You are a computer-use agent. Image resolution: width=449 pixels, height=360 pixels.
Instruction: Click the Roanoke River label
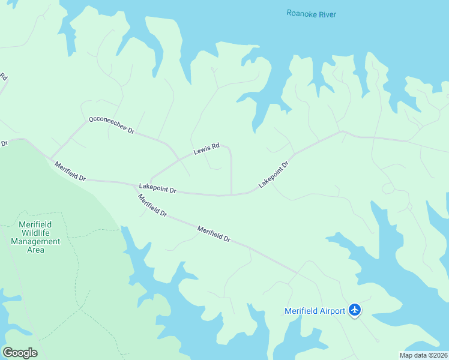tap(311, 14)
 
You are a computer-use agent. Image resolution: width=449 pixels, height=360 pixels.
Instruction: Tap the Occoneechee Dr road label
tap(111, 125)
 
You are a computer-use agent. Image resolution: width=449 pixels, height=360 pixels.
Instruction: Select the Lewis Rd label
tap(206, 149)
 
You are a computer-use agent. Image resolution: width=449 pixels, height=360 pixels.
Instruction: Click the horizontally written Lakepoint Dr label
tap(157, 189)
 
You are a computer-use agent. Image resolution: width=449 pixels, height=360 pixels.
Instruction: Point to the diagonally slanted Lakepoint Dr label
tap(274, 174)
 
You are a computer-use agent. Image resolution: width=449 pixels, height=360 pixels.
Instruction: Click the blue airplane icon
tap(355, 310)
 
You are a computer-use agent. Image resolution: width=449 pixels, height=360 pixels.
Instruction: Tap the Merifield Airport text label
tap(314, 310)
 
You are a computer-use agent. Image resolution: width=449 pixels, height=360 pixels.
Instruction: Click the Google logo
tap(20, 352)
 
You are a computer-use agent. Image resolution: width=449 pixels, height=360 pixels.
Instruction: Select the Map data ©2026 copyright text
tap(423, 355)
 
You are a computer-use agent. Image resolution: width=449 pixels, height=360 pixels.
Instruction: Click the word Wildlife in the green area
tap(35, 233)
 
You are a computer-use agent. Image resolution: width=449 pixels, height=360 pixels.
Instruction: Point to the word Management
tap(35, 241)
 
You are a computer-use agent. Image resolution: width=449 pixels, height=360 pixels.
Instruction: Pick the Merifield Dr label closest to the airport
tap(214, 233)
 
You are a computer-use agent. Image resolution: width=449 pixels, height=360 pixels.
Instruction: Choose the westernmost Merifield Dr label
tap(70, 172)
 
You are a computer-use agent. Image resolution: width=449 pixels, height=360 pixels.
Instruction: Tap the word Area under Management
tap(35, 250)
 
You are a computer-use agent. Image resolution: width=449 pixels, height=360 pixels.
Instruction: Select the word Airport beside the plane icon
tap(330, 310)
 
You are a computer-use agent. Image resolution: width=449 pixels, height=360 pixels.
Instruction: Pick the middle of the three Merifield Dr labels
tap(152, 205)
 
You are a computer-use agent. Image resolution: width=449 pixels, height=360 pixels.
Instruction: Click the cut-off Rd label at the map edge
tap(3, 77)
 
